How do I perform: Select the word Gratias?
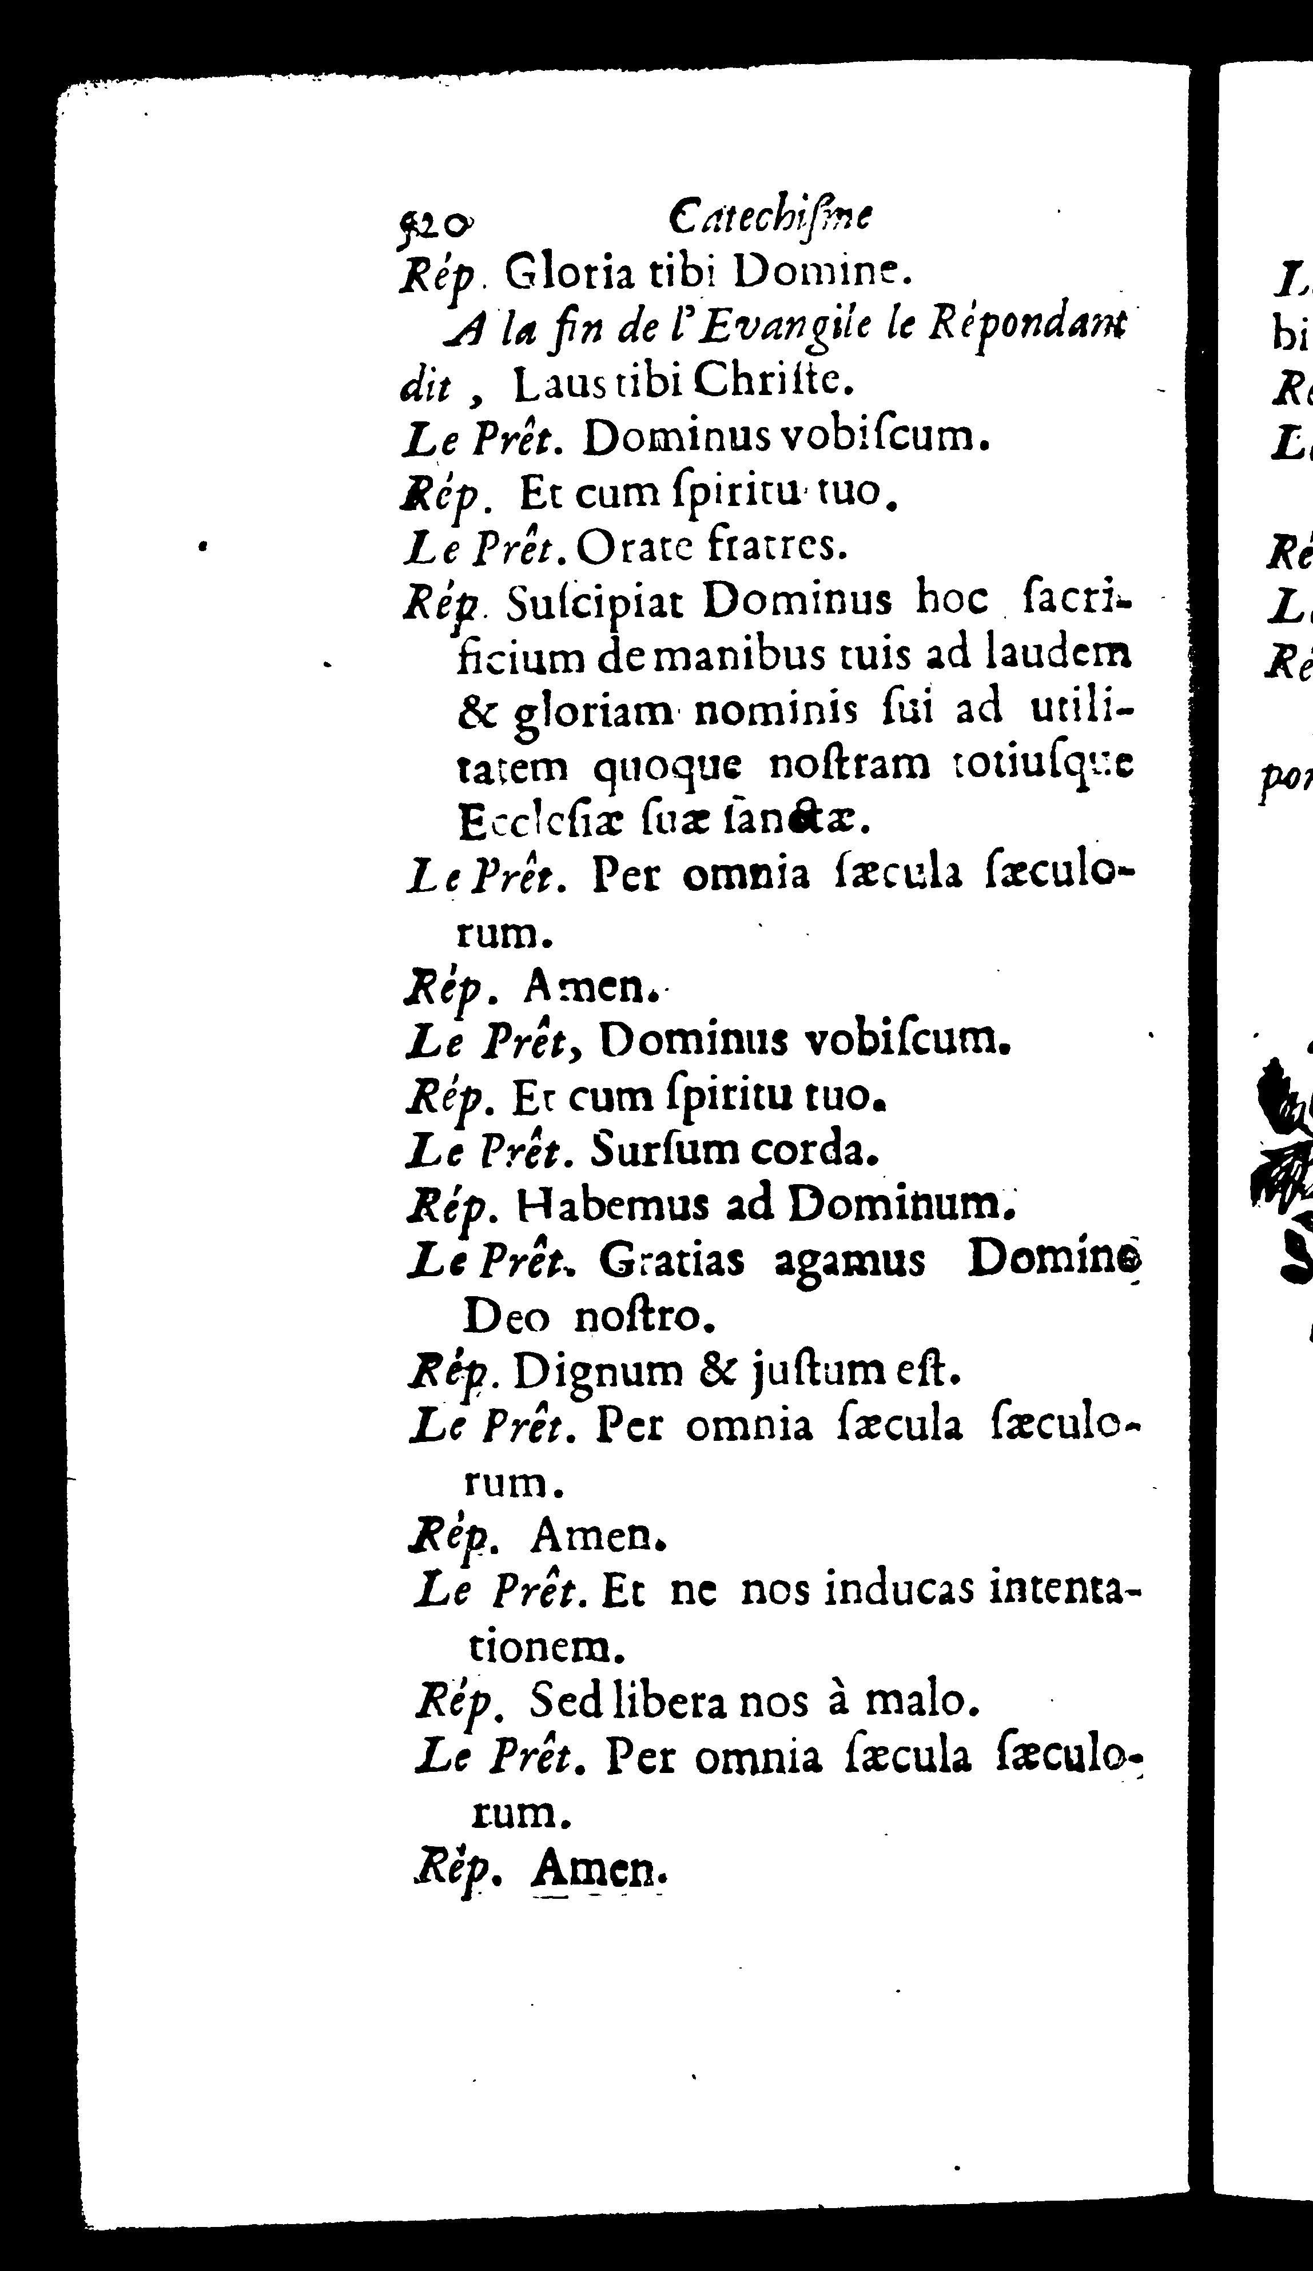pos(671,1262)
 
